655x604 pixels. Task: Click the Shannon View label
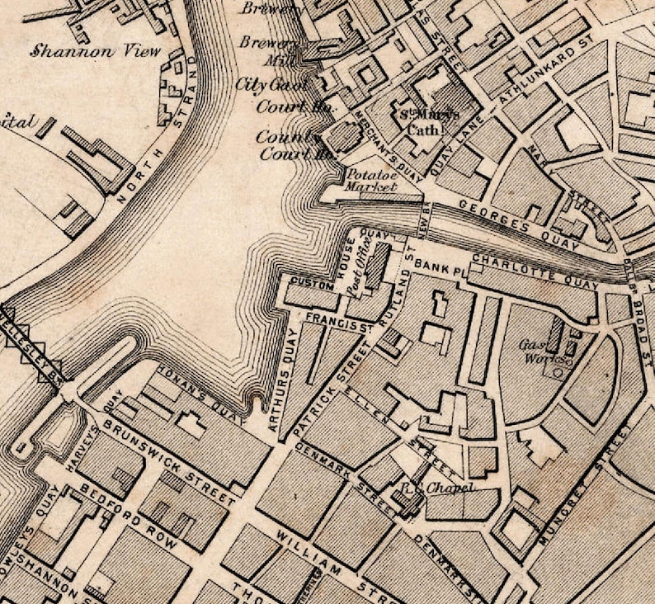[95, 50]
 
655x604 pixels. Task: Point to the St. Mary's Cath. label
[424, 121]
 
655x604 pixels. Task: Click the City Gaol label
[271, 84]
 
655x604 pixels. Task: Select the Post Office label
[360, 270]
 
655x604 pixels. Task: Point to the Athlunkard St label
[543, 76]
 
